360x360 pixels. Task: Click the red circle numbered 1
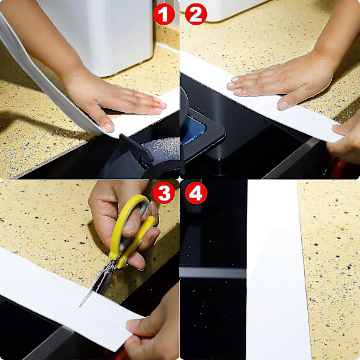[x=164, y=14]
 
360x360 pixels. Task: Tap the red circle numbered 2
[x=196, y=14]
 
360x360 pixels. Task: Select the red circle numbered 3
[x=164, y=193]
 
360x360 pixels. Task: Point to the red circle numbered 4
[x=196, y=193]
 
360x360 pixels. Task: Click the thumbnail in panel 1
[x=109, y=127]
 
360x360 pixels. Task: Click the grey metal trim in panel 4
[x=213, y=273]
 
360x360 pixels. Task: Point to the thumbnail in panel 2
[x=283, y=105]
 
